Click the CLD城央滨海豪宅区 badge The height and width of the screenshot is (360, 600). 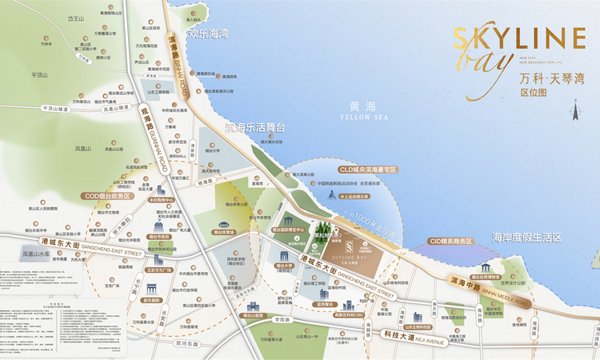click(x=369, y=170)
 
